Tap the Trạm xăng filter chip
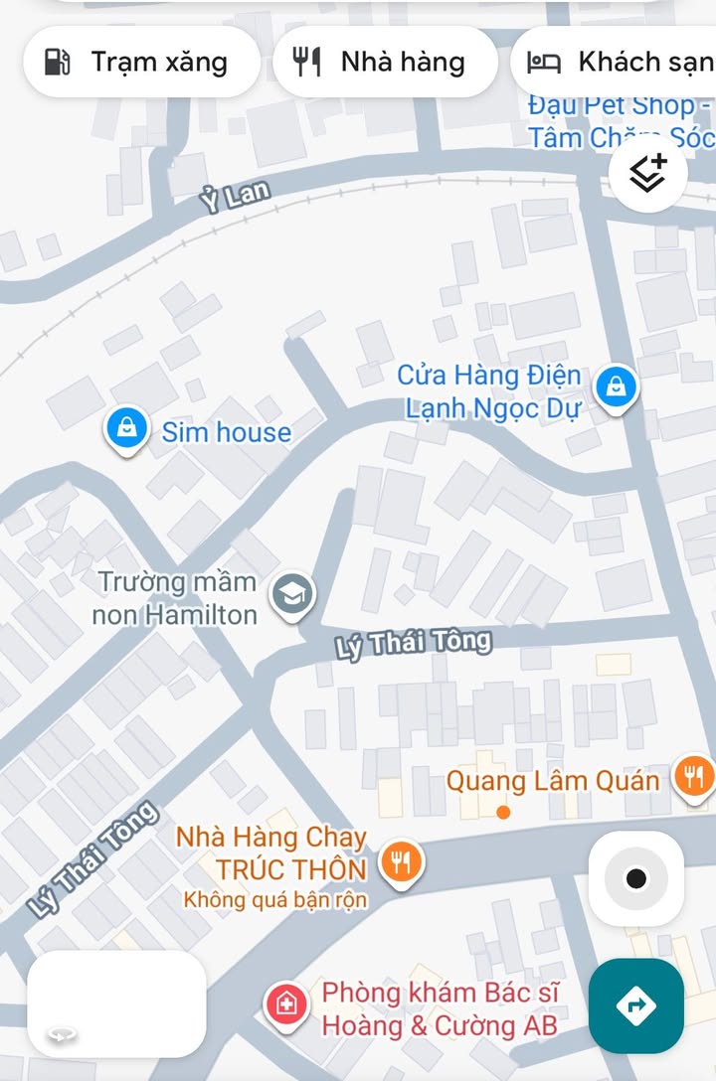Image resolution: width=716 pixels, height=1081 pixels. click(141, 63)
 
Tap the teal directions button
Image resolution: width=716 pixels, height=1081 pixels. click(635, 1005)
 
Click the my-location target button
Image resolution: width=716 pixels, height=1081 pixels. click(635, 878)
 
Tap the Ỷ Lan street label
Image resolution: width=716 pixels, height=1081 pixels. click(235, 196)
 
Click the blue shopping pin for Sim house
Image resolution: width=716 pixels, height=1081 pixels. click(126, 430)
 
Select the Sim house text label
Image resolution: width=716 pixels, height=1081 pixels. click(227, 432)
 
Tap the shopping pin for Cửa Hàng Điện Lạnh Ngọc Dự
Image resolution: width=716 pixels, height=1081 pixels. click(617, 387)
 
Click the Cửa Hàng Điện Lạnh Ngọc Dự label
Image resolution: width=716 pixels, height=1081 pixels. click(489, 391)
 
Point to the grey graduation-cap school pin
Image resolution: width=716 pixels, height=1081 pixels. click(292, 594)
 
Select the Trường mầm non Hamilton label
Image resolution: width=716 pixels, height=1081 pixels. click(176, 598)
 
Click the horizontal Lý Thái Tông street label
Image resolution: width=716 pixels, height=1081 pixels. click(414, 644)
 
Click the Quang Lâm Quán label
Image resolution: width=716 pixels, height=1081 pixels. click(552, 780)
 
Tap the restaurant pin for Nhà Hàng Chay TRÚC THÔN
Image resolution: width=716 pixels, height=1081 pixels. click(401, 861)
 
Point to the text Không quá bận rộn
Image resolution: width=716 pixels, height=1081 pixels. click(275, 900)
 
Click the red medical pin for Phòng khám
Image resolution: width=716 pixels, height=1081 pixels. click(287, 1004)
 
